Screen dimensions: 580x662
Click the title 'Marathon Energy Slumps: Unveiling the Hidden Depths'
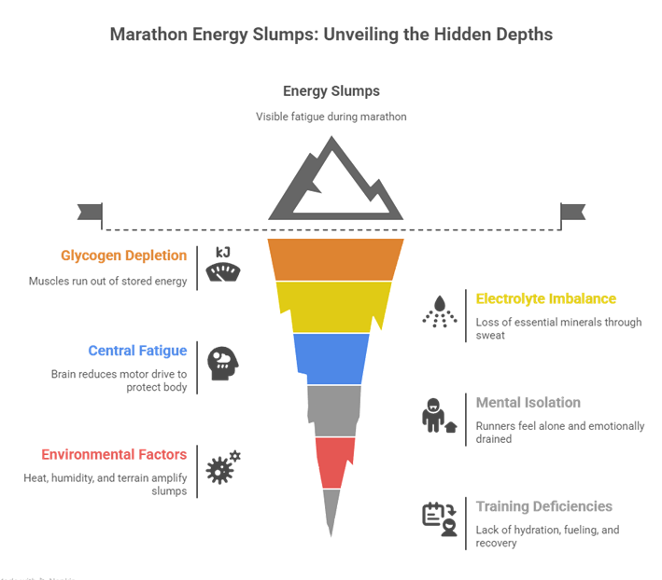(331, 35)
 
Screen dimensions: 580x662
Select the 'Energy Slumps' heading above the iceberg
(331, 91)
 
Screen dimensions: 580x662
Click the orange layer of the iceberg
(336, 258)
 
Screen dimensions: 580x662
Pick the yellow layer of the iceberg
(336, 306)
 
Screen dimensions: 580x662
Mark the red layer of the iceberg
(334, 462)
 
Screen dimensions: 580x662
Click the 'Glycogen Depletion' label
(123, 255)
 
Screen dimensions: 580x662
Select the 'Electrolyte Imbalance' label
(545, 299)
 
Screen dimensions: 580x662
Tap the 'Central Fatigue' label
(137, 351)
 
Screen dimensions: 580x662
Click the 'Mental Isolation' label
(528, 403)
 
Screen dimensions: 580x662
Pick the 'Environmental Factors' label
(114, 455)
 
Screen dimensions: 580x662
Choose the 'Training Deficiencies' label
(543, 506)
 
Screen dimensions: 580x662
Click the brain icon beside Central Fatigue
(222, 362)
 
